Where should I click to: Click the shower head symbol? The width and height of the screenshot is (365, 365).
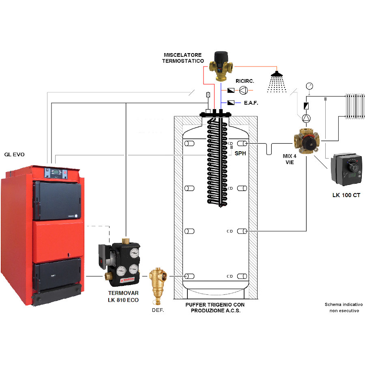277,82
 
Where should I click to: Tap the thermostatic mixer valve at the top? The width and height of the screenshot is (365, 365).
221,66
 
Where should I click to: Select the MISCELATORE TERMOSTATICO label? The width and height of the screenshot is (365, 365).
183,58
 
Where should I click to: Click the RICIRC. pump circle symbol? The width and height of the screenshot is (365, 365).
243,90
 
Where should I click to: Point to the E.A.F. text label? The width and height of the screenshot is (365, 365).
251,103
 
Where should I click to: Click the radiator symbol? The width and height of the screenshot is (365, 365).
355,106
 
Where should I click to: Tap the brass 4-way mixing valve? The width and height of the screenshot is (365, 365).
306,141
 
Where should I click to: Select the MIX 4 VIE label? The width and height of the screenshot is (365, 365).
290,159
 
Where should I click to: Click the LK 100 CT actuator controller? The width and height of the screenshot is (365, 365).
347,169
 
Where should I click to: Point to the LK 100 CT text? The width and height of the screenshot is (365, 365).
346,195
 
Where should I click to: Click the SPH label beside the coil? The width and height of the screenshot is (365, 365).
240,153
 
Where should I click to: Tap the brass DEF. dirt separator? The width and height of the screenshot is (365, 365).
158,286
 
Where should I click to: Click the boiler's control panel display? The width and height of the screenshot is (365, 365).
56,172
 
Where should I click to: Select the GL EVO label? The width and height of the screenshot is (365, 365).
15,155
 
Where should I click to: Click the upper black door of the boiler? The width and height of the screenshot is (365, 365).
57,200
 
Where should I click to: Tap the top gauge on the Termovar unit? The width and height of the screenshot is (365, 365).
134,253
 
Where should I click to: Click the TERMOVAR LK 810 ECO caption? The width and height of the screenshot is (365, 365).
123,296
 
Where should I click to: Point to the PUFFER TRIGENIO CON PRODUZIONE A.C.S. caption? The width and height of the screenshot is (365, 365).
215,307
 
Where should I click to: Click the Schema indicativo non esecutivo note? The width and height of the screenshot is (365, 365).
344,307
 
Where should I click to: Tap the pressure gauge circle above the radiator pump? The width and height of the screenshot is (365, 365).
309,86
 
